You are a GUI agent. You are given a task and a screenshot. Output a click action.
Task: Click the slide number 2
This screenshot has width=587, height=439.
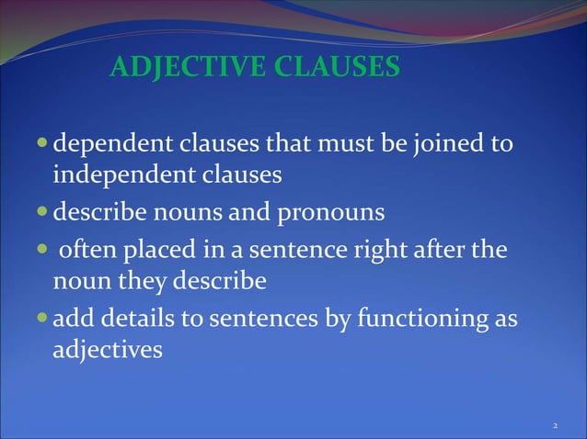point(555,426)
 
